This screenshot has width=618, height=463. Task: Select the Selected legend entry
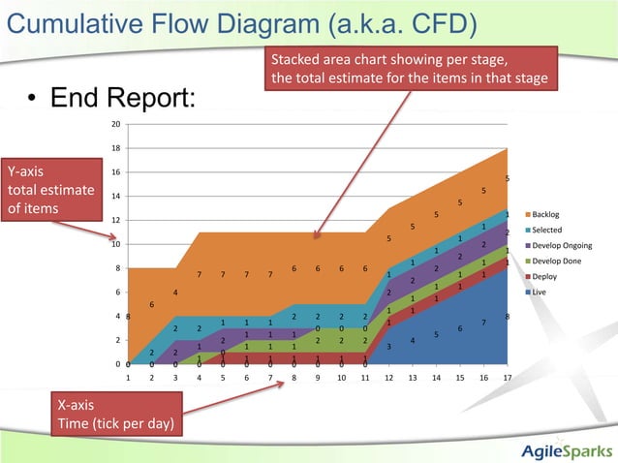coord(547,230)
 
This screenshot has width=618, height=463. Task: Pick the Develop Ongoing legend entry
coord(559,245)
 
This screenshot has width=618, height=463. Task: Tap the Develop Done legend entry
coord(555,261)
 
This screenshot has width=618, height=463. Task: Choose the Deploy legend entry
coord(545,276)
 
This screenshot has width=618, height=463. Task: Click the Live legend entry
coord(541,292)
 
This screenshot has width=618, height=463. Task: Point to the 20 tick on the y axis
coord(115,124)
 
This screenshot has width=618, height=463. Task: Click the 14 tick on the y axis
coord(115,196)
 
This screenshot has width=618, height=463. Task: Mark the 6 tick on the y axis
coord(117,292)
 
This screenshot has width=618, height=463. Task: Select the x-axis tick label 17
coord(507,378)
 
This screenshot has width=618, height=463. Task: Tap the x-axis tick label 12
coord(388,378)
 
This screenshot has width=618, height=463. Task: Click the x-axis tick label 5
coord(223,378)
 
